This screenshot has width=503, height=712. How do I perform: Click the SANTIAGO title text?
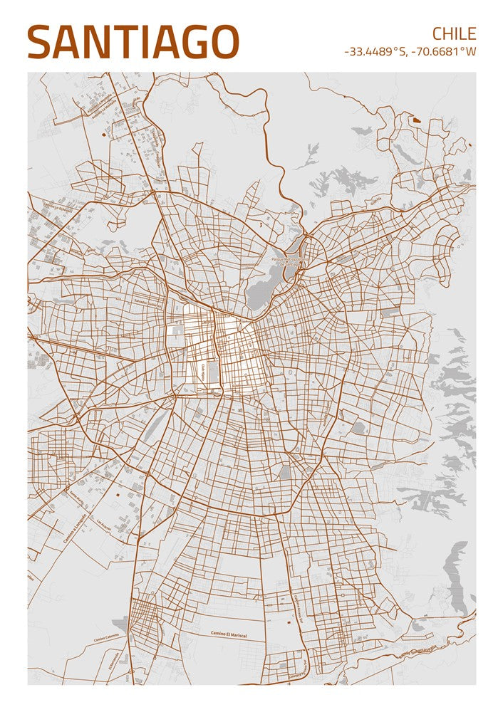[133, 42]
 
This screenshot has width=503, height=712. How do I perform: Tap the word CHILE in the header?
[454, 33]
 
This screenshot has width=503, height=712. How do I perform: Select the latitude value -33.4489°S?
[375, 52]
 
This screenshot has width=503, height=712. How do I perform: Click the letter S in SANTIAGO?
[41, 42]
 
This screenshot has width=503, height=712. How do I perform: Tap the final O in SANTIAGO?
[223, 42]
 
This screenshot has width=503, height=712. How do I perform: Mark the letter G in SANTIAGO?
[190, 42]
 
